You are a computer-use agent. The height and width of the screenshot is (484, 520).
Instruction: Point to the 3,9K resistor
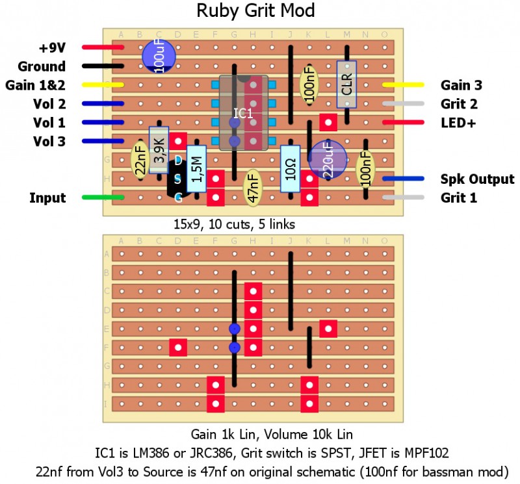coord(159,150)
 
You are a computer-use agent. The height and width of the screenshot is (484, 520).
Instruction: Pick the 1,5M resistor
coord(196,168)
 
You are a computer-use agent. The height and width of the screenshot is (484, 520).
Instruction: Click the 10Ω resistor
coord(290,168)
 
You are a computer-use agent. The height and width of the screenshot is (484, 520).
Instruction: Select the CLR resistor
coord(346,84)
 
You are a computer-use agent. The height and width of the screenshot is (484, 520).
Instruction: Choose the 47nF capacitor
coord(252,187)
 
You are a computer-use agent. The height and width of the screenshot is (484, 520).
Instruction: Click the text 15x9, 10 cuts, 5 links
coord(234,225)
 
